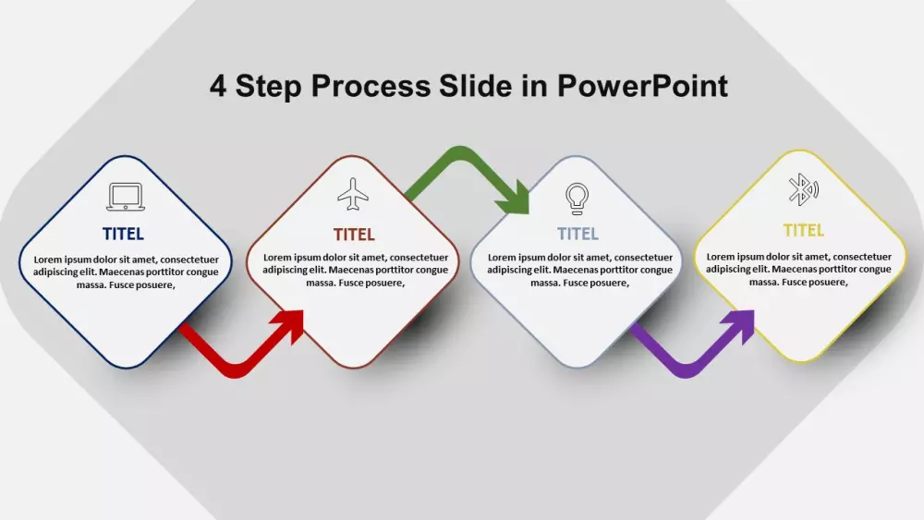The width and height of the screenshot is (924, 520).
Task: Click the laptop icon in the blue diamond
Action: click(x=126, y=196)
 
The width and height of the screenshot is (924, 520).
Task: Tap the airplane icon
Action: click(x=353, y=194)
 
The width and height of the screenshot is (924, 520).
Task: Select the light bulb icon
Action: click(x=577, y=199)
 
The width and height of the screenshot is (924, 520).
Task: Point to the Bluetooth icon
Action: click(x=803, y=189)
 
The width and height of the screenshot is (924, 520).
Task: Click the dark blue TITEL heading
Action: click(x=123, y=235)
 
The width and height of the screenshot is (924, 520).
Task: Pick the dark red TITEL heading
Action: click(x=354, y=235)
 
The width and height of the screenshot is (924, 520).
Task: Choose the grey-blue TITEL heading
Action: click(x=578, y=234)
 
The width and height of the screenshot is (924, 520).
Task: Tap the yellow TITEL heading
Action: click(x=803, y=230)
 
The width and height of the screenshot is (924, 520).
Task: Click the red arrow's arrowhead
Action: click(x=290, y=326)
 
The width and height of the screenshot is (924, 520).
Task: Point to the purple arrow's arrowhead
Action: click(x=741, y=326)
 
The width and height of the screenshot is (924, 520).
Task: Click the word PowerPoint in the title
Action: click(x=642, y=86)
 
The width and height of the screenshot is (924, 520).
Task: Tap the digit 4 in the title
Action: click(x=218, y=86)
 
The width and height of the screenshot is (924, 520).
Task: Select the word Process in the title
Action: click(x=371, y=86)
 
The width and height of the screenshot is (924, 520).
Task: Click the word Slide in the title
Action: click(x=475, y=86)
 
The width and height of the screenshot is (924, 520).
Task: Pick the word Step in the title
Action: click(x=268, y=87)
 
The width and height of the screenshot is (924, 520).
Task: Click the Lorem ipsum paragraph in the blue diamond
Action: click(x=126, y=272)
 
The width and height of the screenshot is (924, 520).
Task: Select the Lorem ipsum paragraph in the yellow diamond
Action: click(x=798, y=269)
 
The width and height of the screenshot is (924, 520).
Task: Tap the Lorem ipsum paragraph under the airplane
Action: click(x=356, y=270)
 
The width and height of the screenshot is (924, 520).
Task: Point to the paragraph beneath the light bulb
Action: click(x=580, y=270)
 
